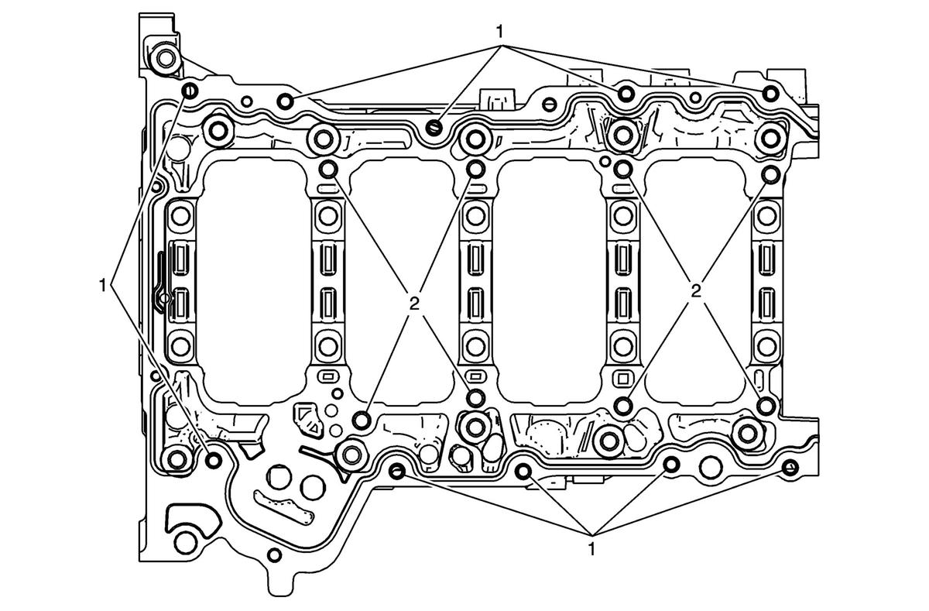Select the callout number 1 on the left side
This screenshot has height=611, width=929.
pos(102,286)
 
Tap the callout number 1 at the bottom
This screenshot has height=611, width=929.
pos(591,549)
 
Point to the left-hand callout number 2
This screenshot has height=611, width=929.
pos(413,304)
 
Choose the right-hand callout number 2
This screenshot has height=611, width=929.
pos(696,291)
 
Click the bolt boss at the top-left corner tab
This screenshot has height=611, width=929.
pos(166,59)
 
